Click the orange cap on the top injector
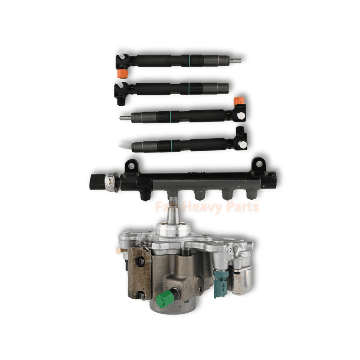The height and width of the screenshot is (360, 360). click(121, 73)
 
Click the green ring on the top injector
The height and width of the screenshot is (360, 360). click(189, 60)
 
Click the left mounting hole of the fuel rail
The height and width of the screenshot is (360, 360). click(130, 166)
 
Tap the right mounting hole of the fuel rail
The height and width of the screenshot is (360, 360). click(258, 165)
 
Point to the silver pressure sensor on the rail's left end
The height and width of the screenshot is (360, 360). click(109, 181)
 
